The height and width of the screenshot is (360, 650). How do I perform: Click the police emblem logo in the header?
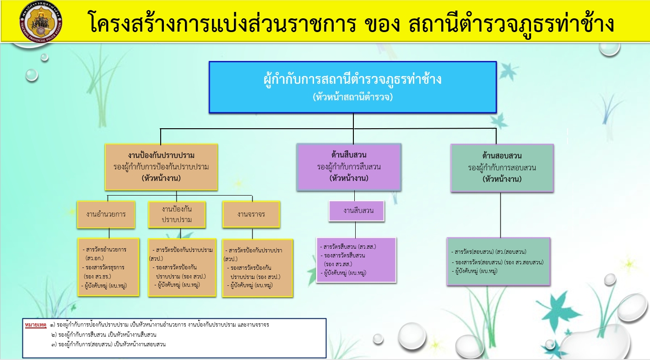pos(41,22)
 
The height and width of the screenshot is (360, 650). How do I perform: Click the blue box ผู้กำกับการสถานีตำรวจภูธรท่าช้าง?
pos(352,87)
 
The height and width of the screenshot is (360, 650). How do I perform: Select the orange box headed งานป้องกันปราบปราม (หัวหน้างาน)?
pos(161,167)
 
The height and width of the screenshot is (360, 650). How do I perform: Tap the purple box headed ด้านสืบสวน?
pos(349,167)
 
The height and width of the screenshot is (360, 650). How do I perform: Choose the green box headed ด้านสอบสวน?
pos(502,168)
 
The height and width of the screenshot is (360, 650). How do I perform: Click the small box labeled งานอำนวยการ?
pos(106,214)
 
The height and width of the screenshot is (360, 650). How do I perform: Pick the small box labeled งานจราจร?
pos(251,214)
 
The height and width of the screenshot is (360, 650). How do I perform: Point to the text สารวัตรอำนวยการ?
pos(105,250)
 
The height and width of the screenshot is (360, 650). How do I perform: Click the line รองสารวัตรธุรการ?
pos(105,267)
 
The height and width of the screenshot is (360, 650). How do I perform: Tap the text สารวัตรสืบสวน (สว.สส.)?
pos(349,247)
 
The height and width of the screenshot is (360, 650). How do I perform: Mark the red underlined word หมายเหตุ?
pos(36,325)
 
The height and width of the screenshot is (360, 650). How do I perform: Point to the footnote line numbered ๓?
pos(108,344)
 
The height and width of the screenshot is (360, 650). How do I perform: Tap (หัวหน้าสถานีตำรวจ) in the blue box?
pos(352,97)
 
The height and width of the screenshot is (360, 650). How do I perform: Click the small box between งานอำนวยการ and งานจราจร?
pos(177,214)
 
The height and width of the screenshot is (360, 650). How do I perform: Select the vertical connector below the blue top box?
pos(353,121)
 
